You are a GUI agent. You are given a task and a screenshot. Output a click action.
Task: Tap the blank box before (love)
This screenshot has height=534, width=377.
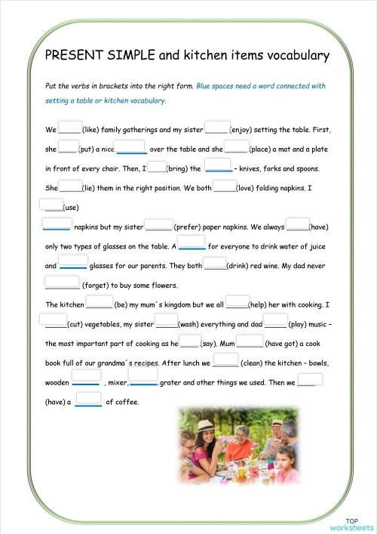224,186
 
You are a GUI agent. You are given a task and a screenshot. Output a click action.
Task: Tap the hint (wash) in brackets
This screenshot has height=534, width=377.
188,325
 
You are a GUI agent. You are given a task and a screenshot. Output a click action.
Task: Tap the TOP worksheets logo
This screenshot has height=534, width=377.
351,524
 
